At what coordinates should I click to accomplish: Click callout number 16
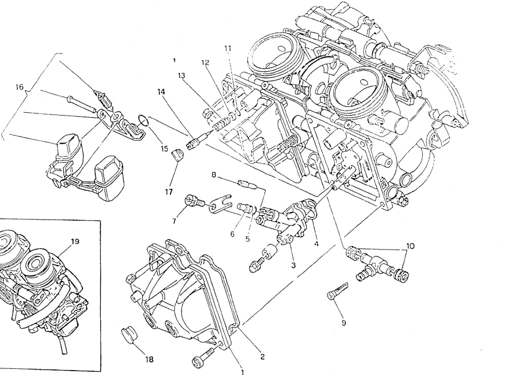point(19,86)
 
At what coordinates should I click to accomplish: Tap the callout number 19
point(75,241)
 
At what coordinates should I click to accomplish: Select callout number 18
point(149,359)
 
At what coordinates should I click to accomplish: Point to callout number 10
point(410,246)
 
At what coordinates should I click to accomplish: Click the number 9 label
point(344,323)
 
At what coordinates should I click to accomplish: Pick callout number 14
point(161,92)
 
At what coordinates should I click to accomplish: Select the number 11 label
point(227,48)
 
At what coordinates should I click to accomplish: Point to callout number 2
point(262,357)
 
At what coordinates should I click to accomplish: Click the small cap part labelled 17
point(177,154)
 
